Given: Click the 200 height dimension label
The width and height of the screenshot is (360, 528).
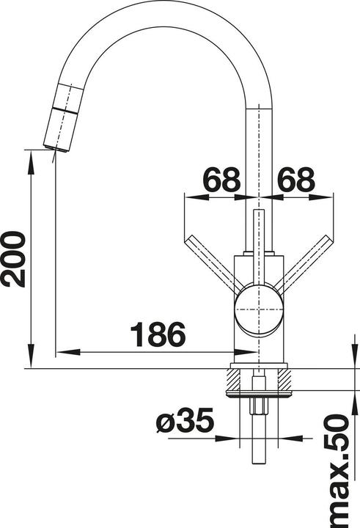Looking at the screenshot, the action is [14, 259].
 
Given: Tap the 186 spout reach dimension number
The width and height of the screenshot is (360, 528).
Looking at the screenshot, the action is [158, 334].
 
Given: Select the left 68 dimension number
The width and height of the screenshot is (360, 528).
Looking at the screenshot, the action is [221, 180].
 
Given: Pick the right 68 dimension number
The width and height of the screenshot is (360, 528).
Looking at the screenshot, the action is [296, 180].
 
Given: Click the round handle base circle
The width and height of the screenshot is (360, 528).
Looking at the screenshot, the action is [259, 309].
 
